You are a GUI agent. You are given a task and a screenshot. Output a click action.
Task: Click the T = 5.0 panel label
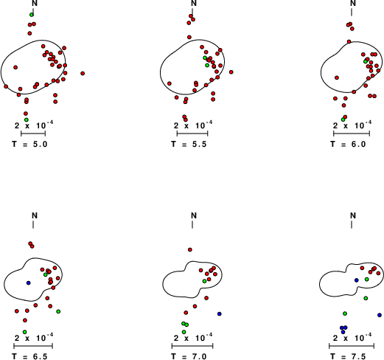[x=29, y=144]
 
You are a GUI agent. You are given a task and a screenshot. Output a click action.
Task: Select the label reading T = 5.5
[x=189, y=144]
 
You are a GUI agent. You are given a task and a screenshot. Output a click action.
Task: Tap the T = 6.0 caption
[x=348, y=144]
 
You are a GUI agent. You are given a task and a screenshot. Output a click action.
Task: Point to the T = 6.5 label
[x=29, y=356]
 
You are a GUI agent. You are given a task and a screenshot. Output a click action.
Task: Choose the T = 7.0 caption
[x=189, y=356]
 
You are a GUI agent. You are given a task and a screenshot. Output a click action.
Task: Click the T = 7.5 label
[x=348, y=356]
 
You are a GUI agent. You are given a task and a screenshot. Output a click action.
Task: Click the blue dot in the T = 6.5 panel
[x=28, y=283]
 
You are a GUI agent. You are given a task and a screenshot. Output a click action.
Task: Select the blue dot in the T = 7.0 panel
[x=220, y=314]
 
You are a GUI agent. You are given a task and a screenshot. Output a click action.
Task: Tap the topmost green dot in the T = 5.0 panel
[x=32, y=15]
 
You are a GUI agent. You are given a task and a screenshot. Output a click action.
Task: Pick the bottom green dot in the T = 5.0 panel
[x=27, y=120]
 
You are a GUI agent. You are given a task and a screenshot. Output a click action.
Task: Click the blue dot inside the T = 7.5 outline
[x=357, y=280]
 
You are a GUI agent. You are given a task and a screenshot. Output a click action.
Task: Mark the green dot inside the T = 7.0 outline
[x=204, y=281]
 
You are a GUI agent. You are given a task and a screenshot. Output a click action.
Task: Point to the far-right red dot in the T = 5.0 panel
[x=83, y=73]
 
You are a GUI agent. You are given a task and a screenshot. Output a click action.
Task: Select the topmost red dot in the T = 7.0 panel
[x=190, y=249]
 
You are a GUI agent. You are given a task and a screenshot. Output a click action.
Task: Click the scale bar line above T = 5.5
[x=192, y=134]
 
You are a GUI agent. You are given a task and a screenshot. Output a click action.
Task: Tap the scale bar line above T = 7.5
[x=352, y=346]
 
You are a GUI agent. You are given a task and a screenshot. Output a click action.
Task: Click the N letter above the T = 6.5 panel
[x=35, y=215]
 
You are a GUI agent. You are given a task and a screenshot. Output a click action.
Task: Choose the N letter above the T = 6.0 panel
[x=353, y=3]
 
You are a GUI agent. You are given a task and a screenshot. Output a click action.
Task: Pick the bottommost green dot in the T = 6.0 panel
[x=343, y=120]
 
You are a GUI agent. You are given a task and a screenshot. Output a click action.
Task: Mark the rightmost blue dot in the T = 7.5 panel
[x=380, y=315]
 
